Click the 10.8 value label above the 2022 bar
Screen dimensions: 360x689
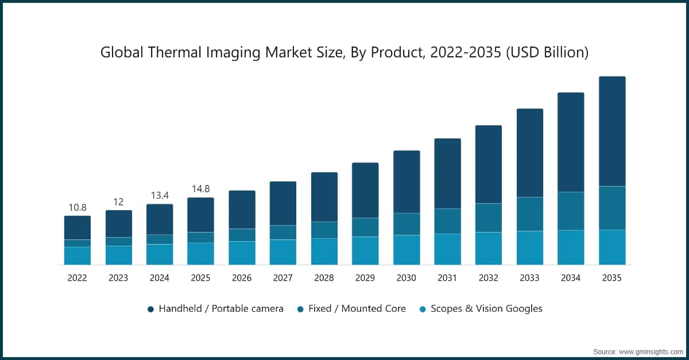click(x=78, y=207)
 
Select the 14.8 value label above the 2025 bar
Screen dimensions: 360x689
click(x=200, y=189)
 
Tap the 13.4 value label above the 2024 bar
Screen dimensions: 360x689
click(x=160, y=195)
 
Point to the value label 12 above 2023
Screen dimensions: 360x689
click(x=118, y=202)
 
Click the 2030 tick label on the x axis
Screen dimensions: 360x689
click(x=406, y=278)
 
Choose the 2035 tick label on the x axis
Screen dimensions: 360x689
click(x=611, y=278)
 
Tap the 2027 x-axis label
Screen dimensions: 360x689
click(x=282, y=278)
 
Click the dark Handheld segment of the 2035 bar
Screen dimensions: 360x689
click(x=612, y=131)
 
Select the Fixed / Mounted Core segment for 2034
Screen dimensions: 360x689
click(x=571, y=211)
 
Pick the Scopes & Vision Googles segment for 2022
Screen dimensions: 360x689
click(x=78, y=256)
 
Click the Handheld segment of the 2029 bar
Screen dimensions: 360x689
click(x=365, y=190)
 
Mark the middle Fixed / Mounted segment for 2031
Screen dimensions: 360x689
click(x=447, y=221)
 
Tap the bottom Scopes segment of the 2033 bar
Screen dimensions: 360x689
click(x=529, y=247)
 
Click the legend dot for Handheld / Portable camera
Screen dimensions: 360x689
click(x=150, y=309)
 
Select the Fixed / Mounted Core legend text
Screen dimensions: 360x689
click(x=357, y=309)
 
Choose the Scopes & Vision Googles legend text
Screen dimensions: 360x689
click(x=486, y=309)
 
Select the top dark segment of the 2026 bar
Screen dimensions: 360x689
click(x=242, y=210)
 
